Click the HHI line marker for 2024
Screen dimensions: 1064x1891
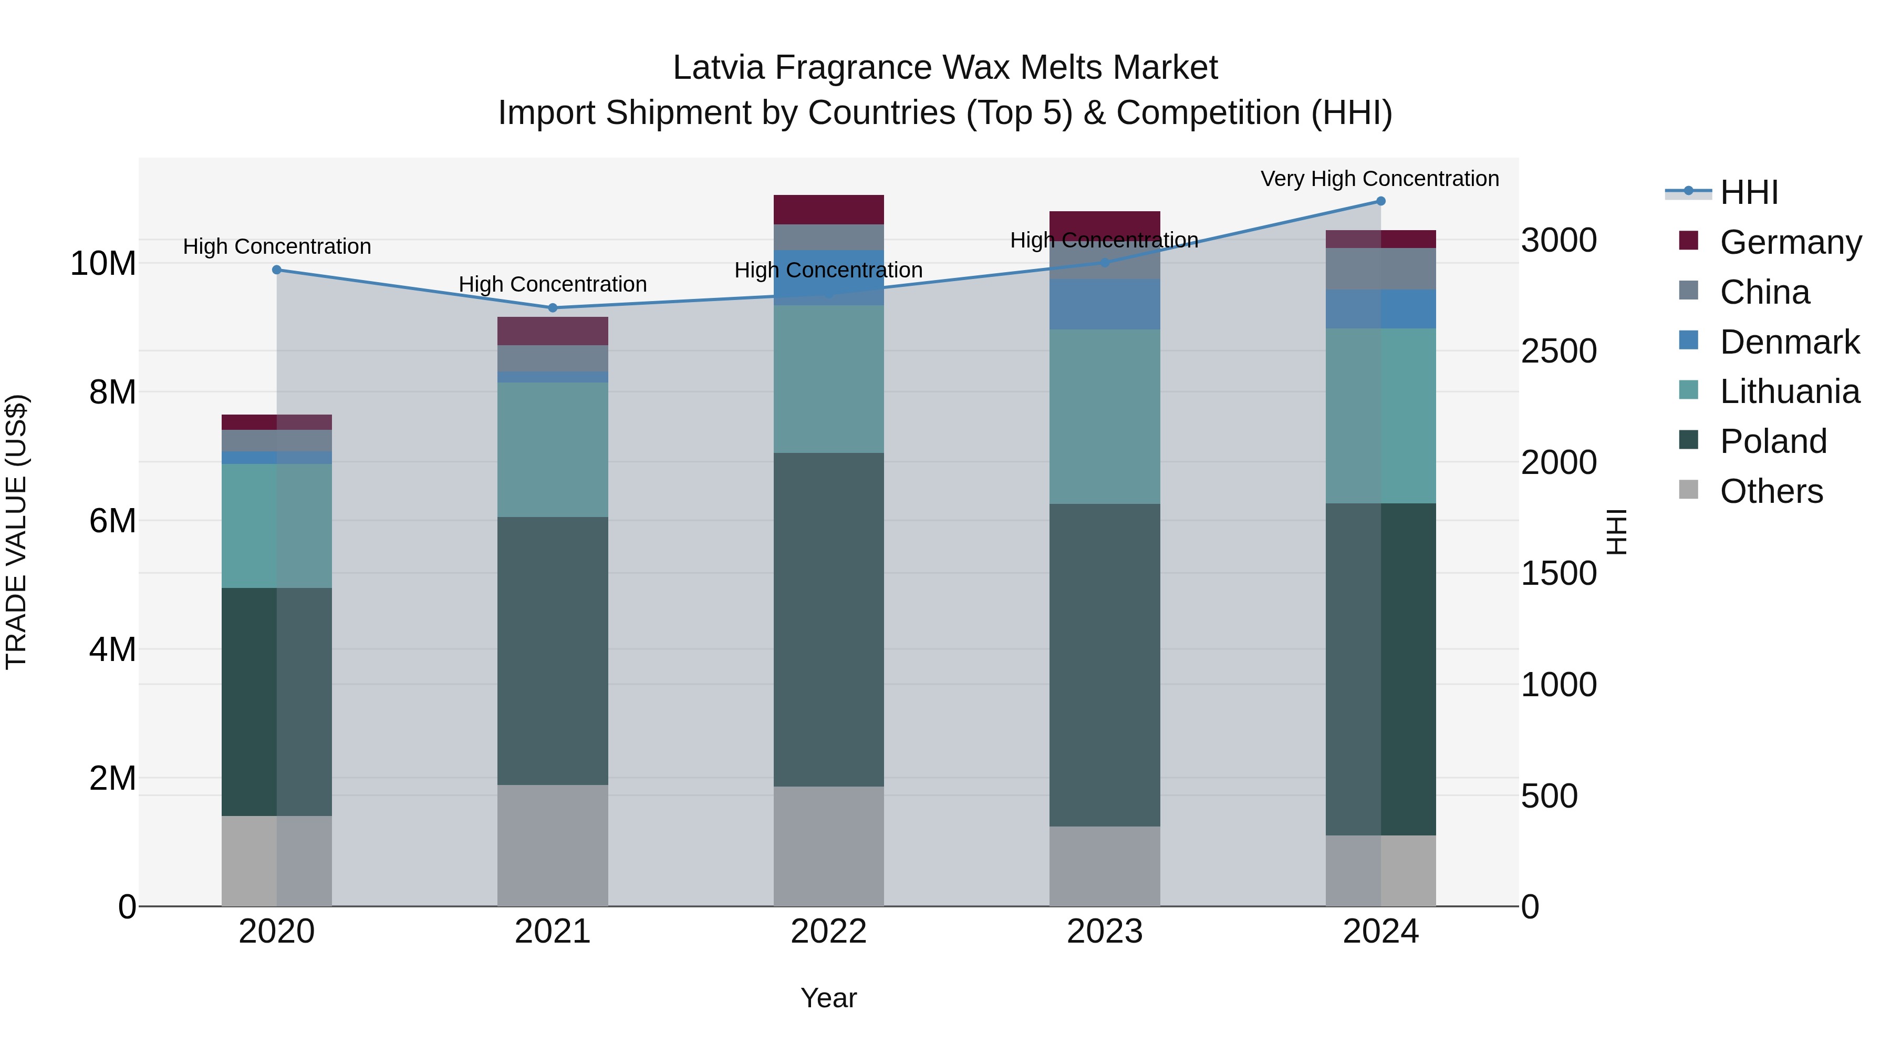point(1380,201)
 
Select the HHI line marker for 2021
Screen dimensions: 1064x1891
point(553,308)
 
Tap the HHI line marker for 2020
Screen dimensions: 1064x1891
point(277,270)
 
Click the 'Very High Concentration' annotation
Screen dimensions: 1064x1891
point(1379,179)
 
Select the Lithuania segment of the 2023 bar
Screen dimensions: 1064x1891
point(1104,416)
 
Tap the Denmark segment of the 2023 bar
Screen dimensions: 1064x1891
point(1104,304)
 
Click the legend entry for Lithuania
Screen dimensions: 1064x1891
point(1789,392)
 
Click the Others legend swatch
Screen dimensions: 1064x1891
point(1688,491)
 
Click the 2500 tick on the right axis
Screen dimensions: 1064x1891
point(1558,351)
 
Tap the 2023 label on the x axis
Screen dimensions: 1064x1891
point(1104,932)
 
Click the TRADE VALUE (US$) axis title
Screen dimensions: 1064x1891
point(16,532)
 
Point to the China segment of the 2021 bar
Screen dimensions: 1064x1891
point(553,358)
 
